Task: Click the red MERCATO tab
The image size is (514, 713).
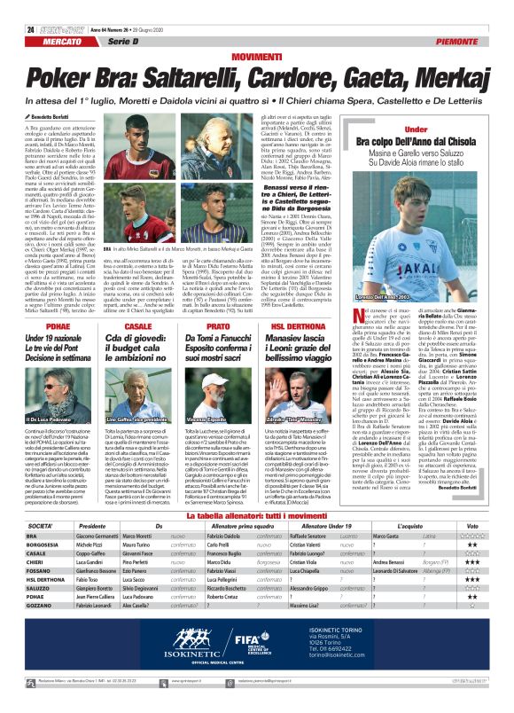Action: (62, 42)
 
